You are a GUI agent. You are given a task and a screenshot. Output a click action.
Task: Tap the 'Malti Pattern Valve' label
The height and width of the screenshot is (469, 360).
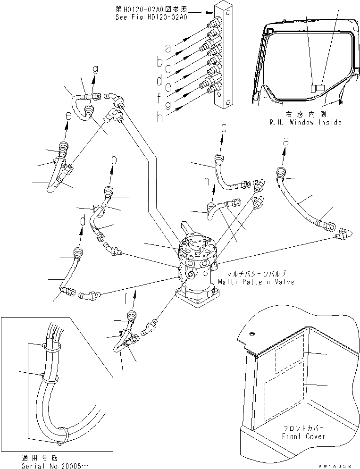click(x=256, y=282)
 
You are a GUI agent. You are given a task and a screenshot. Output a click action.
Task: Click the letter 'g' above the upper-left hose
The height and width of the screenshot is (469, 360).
click(x=95, y=69)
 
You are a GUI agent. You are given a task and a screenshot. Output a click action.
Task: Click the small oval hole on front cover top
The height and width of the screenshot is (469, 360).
click(x=251, y=334)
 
